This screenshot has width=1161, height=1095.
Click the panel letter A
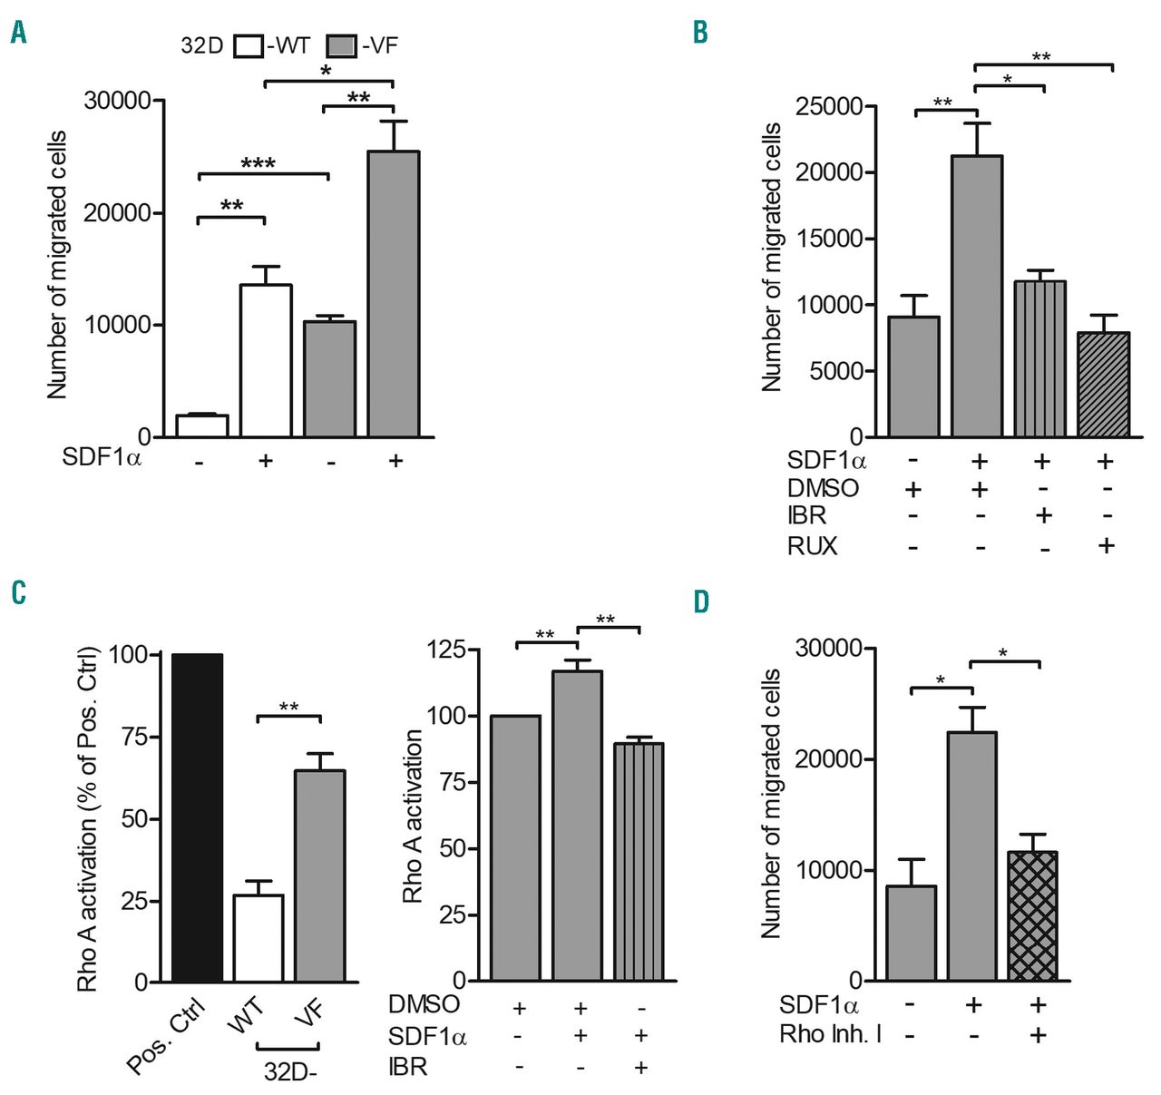click(18, 34)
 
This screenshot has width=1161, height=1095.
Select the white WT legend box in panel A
click(248, 46)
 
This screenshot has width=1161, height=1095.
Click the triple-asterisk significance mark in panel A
click(258, 164)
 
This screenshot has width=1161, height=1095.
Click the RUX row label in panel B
click(813, 546)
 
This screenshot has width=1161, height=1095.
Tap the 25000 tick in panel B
click(829, 107)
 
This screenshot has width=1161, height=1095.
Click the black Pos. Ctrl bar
click(197, 816)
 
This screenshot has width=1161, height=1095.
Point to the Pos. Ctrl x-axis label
click(169, 1034)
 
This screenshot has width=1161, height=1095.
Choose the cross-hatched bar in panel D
click(1033, 915)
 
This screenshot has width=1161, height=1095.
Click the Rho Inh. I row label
click(830, 1034)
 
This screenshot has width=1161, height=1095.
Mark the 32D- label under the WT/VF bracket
click(290, 1071)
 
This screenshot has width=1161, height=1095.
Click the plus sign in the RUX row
click(1106, 546)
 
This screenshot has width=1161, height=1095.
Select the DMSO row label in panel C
click(424, 1005)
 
